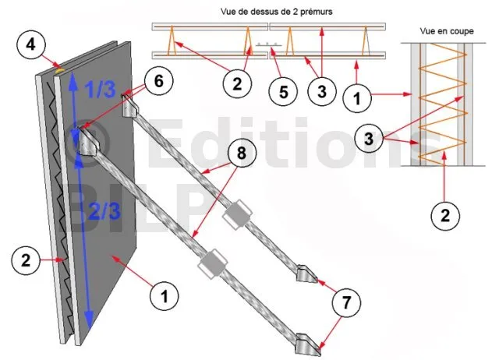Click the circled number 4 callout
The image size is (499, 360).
pyautogui.click(x=30, y=44)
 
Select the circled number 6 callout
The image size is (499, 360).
pyautogui.click(x=159, y=81)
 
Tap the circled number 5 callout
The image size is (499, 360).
pyautogui.click(x=283, y=92)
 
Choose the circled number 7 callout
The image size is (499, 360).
pyautogui.click(x=346, y=302)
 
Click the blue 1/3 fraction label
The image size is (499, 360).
pyautogui.click(x=100, y=88)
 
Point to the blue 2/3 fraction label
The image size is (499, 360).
pyautogui.click(x=104, y=210)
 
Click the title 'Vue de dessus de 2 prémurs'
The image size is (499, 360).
pyautogui.click(x=276, y=12)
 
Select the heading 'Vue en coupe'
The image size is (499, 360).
pyautogui.click(x=447, y=31)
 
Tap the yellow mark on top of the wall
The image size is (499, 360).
pyautogui.click(x=59, y=69)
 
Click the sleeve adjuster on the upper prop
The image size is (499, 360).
pyautogui.click(x=237, y=214)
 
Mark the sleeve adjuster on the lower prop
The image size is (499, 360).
pyautogui.click(x=213, y=263)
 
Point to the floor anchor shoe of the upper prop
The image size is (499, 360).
pyautogui.click(x=306, y=274)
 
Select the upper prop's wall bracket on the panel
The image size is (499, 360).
pyautogui.click(x=130, y=105)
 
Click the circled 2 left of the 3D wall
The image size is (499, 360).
pyautogui.click(x=26, y=259)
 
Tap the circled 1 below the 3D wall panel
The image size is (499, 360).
pyautogui.click(x=165, y=296)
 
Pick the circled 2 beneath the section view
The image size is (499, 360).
pyautogui.click(x=445, y=216)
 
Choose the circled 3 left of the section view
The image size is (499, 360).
pyautogui.click(x=369, y=139)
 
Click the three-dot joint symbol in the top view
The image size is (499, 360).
pyautogui.click(x=267, y=44)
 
